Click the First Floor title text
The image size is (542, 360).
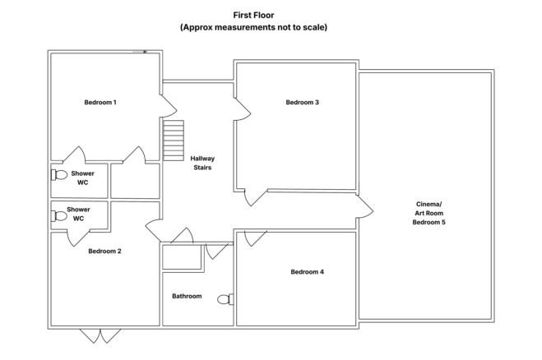[x=253, y=15]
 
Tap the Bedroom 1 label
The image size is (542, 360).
[x=100, y=102]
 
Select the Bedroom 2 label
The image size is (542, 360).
[x=104, y=252]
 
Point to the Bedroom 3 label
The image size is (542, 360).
[x=302, y=102]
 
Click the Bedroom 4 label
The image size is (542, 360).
[x=308, y=272]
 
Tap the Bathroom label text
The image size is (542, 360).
[x=187, y=296]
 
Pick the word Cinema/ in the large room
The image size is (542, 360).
[x=429, y=204]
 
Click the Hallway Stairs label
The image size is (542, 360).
[x=202, y=163]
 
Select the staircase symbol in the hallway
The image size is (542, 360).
[x=174, y=141]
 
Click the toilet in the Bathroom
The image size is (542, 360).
[x=225, y=299]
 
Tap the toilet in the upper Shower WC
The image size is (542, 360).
[x=59, y=175]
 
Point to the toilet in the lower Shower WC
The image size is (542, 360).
[x=59, y=216]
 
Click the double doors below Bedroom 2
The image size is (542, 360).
[x=100, y=336]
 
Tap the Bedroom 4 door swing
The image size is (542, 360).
[x=255, y=238]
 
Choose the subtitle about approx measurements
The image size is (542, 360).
[x=253, y=27]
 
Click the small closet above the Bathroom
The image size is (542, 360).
[x=182, y=256]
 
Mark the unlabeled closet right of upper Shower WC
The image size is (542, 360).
[x=135, y=181]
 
